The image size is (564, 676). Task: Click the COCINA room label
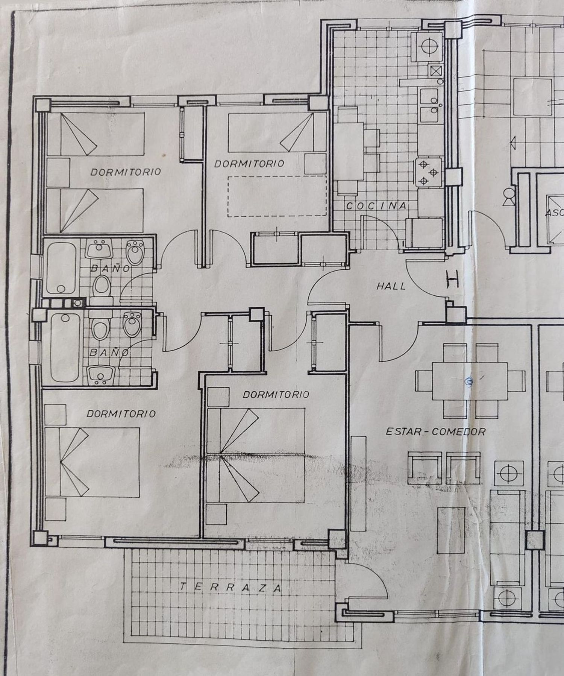pos(376,206)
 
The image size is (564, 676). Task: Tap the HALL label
pos(391,286)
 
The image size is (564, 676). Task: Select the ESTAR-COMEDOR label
pos(436,431)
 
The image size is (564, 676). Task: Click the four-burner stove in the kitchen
pos(428,172)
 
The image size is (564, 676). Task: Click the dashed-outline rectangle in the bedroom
pos(277,196)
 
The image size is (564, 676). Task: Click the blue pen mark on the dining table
pos(468,381)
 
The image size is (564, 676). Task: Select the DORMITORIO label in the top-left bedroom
pos(126,172)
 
